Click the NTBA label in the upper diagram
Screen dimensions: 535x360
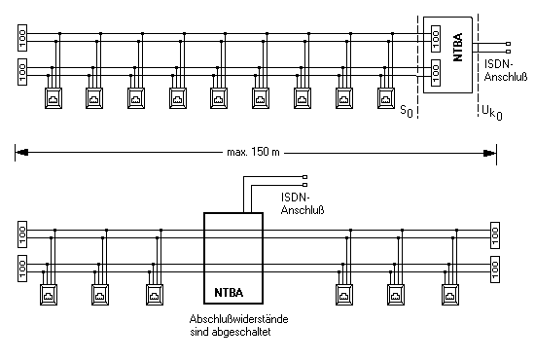(x=458, y=47)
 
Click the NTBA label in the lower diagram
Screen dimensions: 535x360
(x=229, y=293)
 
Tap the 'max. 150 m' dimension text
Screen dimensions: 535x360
(x=253, y=152)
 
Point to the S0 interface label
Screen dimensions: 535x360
(x=407, y=111)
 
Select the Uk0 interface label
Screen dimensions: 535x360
(x=492, y=112)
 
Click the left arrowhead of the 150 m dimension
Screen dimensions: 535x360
(x=21, y=153)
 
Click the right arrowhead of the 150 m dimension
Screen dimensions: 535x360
(x=489, y=153)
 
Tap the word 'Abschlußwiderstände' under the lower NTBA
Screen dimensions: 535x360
(x=239, y=319)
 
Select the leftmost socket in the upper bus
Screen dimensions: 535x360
(x=53, y=98)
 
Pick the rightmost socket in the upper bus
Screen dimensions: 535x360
(x=386, y=98)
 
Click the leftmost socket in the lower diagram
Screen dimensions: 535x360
(x=49, y=295)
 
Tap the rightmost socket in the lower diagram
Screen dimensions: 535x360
(x=450, y=295)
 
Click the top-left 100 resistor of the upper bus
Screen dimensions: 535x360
(x=22, y=38)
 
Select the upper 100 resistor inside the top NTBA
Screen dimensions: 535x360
(x=436, y=39)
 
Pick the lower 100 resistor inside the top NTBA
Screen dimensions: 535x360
(x=436, y=73)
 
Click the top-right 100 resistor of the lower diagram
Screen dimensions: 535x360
(x=495, y=235)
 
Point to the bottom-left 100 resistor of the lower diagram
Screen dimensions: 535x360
(x=22, y=269)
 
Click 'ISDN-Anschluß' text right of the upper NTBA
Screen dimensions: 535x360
(x=506, y=70)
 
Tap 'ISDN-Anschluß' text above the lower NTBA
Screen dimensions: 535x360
(x=303, y=203)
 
